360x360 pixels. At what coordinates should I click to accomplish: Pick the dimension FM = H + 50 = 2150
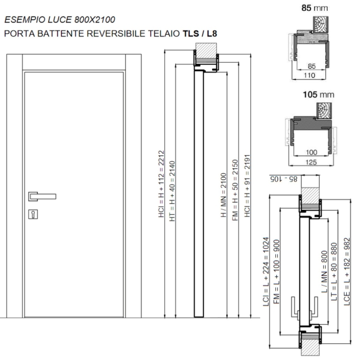click(x=235, y=190)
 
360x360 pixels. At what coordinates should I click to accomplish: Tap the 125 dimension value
click(x=311, y=162)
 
